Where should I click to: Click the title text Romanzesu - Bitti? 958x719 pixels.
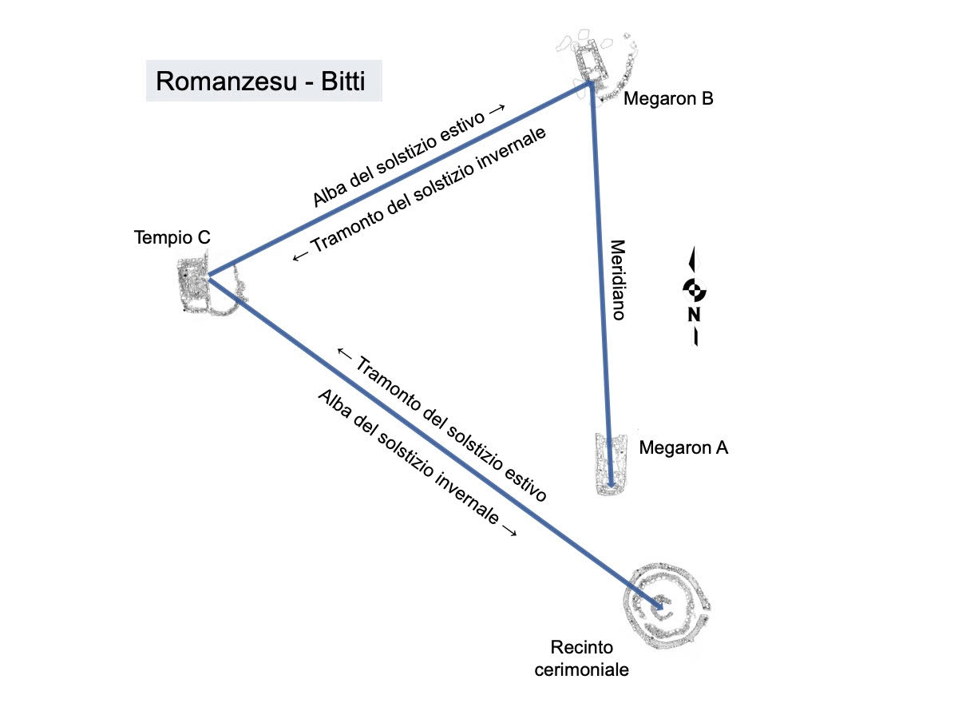pyautogui.click(x=261, y=81)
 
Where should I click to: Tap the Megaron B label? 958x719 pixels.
pyautogui.click(x=667, y=99)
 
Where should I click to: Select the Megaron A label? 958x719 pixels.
pyautogui.click(x=683, y=448)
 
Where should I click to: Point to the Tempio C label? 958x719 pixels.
pyautogui.click(x=172, y=238)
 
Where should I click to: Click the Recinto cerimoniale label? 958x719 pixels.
pyautogui.click(x=589, y=657)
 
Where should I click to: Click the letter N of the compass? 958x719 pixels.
pyautogui.click(x=695, y=315)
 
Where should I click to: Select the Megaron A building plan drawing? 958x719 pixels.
pyautogui.click(x=612, y=463)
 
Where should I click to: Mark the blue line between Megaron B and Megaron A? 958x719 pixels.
pyautogui.click(x=601, y=280)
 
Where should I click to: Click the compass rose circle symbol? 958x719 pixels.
pyautogui.click(x=695, y=289)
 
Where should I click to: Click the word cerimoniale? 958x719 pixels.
pyautogui.click(x=589, y=669)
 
